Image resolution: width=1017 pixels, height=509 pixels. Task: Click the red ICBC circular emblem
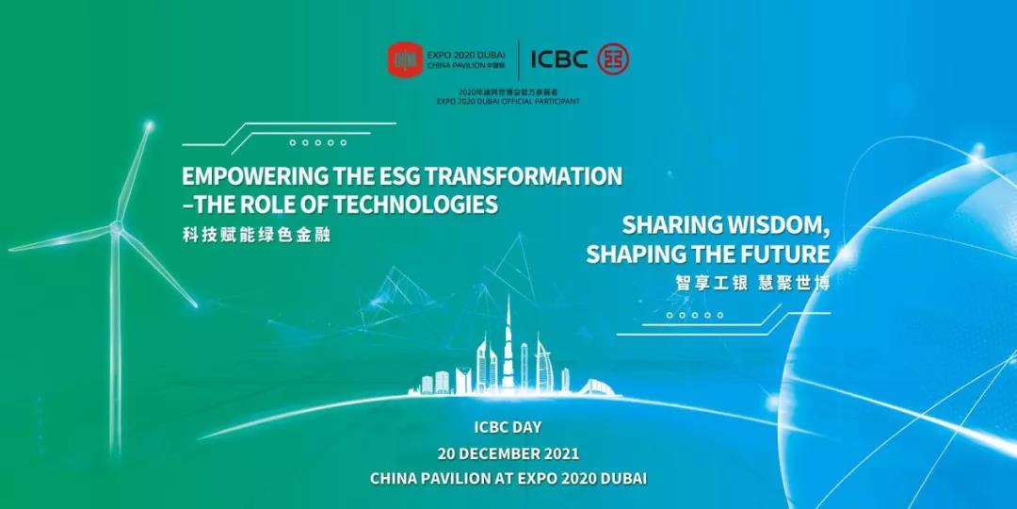pyautogui.click(x=613, y=59)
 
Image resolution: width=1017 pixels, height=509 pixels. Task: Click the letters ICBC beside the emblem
pyautogui.click(x=559, y=59)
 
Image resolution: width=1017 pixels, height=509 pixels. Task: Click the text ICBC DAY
pyautogui.click(x=508, y=428)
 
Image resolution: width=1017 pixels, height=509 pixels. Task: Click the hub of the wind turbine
pyautogui.click(x=116, y=227)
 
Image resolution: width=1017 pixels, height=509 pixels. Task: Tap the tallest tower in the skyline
pyautogui.click(x=508, y=344)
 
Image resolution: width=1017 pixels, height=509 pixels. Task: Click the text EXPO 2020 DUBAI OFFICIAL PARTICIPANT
pyautogui.click(x=508, y=102)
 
